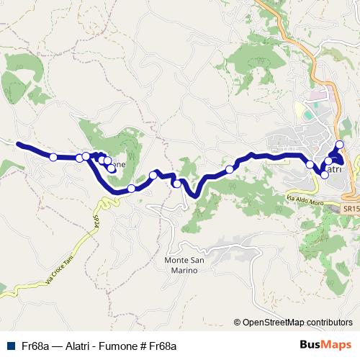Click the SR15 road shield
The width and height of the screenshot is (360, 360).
coord(351,208)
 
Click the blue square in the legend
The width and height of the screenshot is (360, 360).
coord(9,346)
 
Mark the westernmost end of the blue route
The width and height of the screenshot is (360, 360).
coord(18,143)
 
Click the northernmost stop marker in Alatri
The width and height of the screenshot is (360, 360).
coord(340,145)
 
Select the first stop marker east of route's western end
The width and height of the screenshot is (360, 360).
coord(53,156)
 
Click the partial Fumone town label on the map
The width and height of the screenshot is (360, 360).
coord(119,165)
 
